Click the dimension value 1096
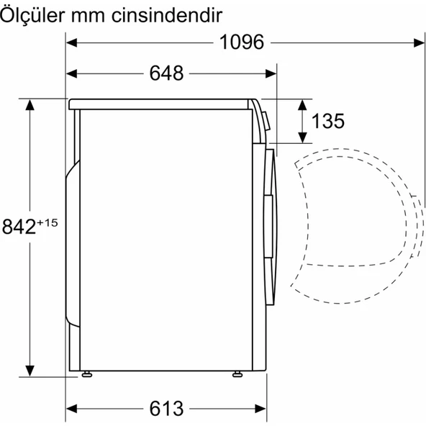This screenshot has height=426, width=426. click(x=243, y=42)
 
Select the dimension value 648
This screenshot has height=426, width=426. click(x=167, y=73)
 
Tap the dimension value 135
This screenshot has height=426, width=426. click(x=328, y=121)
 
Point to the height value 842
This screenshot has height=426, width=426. click(x=19, y=227)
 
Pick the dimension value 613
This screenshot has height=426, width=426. click(x=167, y=408)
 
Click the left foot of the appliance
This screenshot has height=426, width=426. click(x=87, y=373)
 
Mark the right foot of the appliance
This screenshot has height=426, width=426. click(x=237, y=373)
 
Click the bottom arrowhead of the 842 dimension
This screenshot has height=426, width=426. click(x=30, y=368)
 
